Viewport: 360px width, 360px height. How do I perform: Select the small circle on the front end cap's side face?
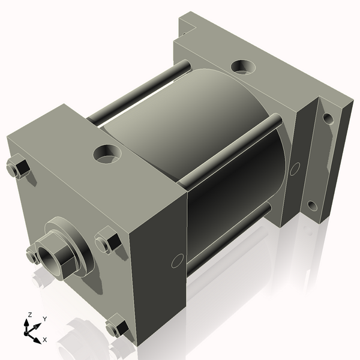(x=176, y=260)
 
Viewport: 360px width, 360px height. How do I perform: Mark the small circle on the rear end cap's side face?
(x=294, y=169)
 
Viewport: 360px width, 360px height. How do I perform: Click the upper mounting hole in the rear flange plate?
(x=327, y=118)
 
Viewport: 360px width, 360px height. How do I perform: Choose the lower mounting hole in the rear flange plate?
(x=312, y=207)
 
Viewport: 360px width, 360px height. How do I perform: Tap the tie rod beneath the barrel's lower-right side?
(x=228, y=240)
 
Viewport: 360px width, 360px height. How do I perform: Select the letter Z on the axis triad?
(x=29, y=314)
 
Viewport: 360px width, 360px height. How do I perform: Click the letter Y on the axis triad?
(x=44, y=319)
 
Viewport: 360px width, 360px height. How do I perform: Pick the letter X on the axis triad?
(x=44, y=340)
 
